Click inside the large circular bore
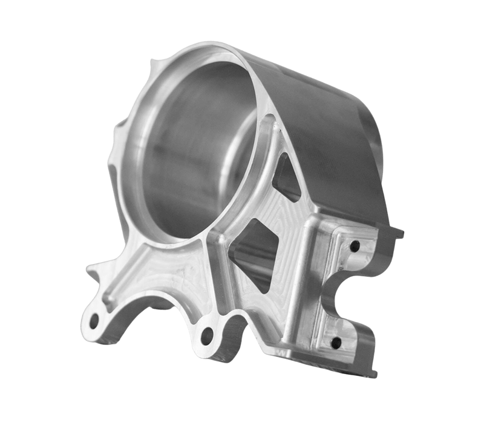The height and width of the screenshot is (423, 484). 194,151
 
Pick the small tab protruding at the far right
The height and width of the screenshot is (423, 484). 396,231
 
